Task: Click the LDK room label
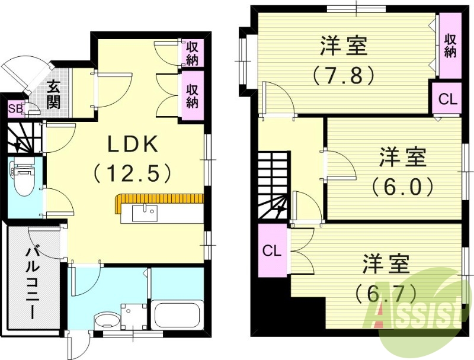132,144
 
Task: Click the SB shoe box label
15,109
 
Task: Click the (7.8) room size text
343,75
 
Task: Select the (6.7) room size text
386,292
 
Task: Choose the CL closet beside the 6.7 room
272,250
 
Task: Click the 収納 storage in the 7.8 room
450,45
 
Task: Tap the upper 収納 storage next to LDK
192,53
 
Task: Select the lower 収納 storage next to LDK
192,95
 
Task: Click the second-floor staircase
273,187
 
